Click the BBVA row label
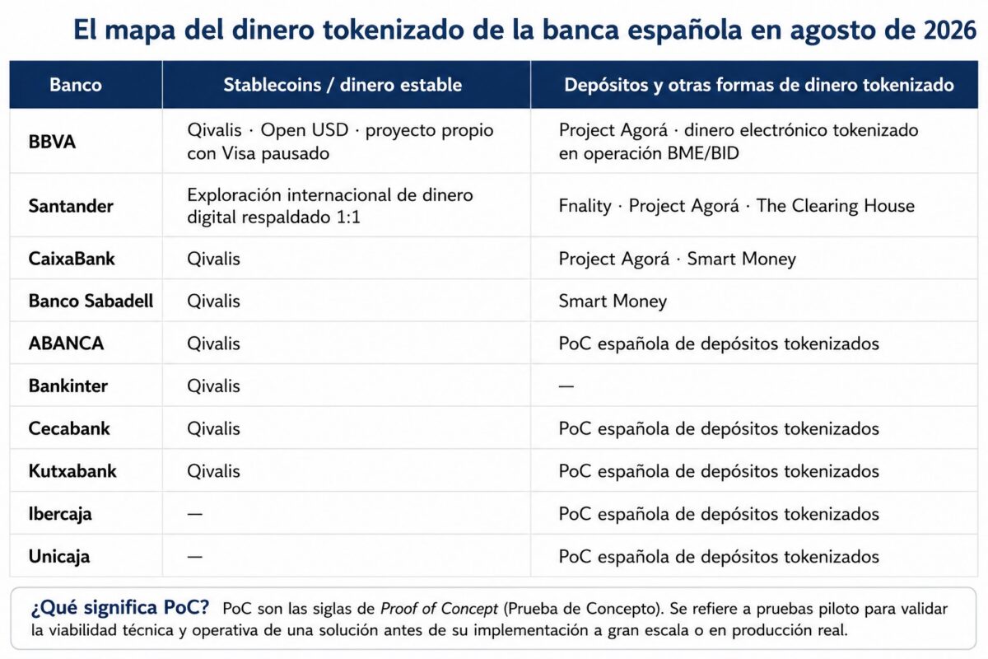click(x=52, y=142)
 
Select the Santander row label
click(x=71, y=206)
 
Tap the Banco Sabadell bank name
click(x=91, y=301)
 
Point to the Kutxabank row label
click(x=72, y=471)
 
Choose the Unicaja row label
click(x=59, y=557)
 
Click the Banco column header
click(x=76, y=85)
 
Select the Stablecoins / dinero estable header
click(x=343, y=85)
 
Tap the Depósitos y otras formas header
click(x=759, y=85)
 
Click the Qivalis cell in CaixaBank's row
click(x=213, y=259)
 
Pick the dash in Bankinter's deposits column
click(x=566, y=386)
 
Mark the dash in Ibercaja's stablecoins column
click(x=195, y=514)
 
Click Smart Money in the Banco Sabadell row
click(x=613, y=301)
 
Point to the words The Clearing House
click(x=836, y=206)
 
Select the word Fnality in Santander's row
click(x=585, y=206)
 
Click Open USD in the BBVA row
click(x=305, y=130)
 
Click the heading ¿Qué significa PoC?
click(x=120, y=608)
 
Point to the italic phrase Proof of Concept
click(x=439, y=609)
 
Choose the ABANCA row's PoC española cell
click(x=719, y=344)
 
